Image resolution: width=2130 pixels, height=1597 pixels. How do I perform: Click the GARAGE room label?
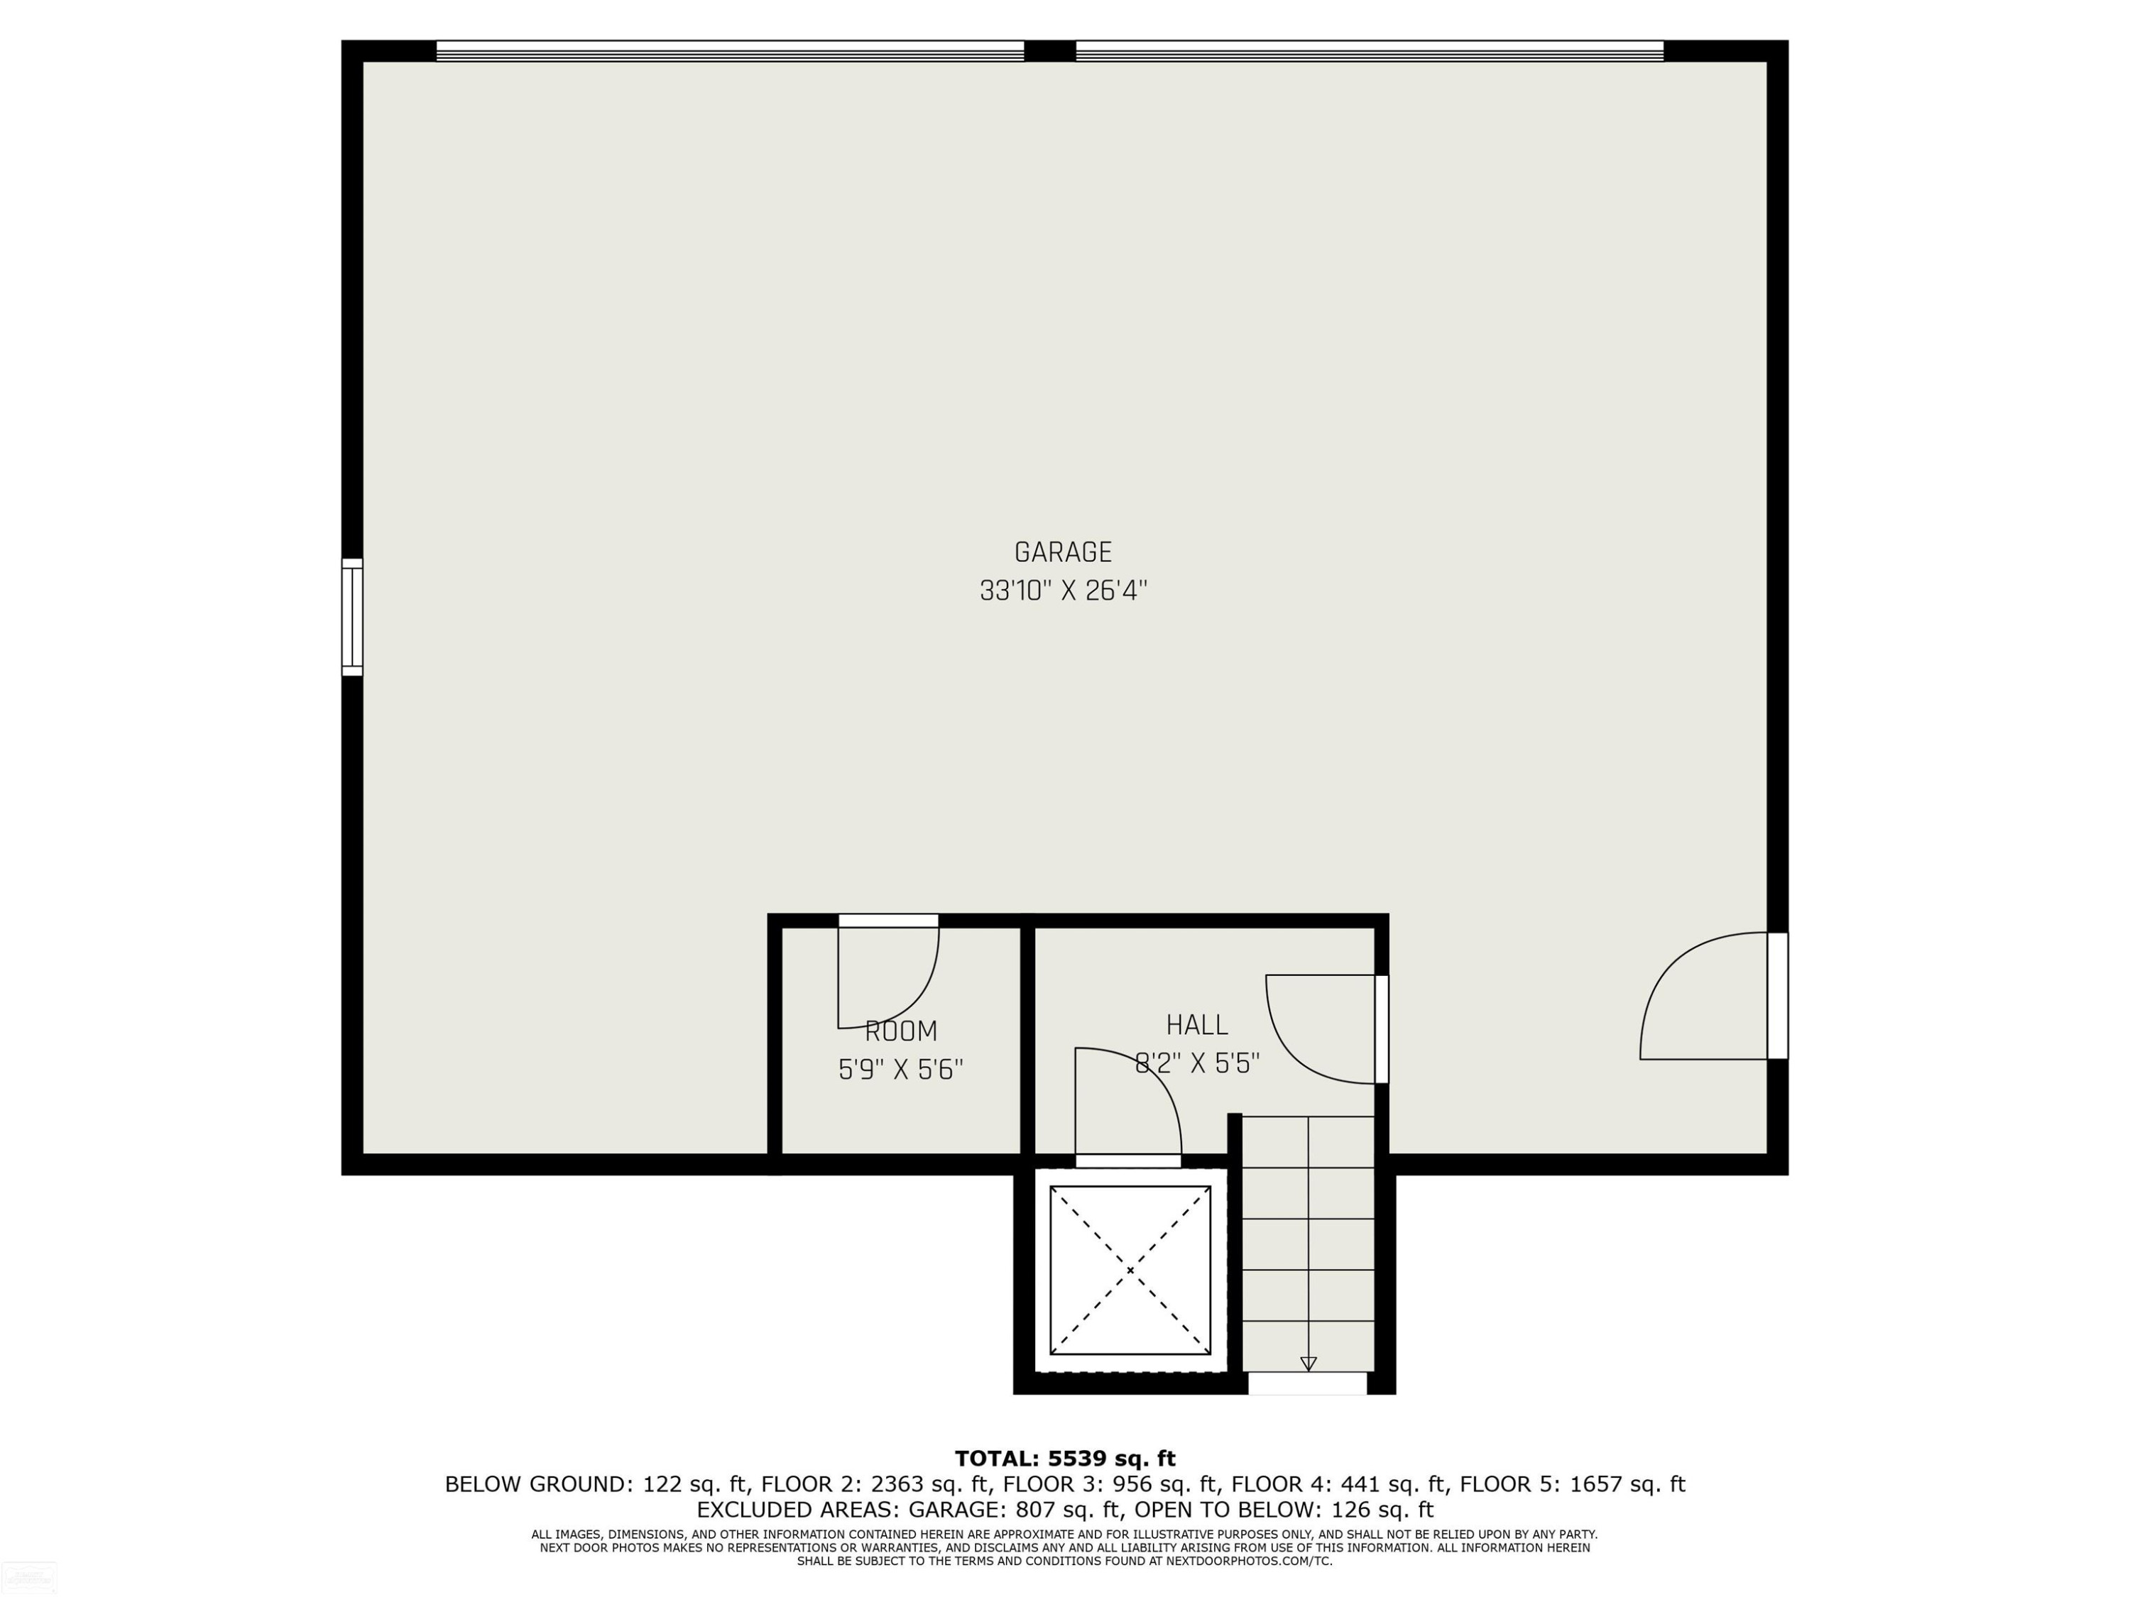click(x=1063, y=551)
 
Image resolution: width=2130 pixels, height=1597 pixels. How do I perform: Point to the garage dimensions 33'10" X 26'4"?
click(x=1063, y=590)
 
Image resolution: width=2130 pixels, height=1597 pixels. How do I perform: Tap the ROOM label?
click(x=900, y=1031)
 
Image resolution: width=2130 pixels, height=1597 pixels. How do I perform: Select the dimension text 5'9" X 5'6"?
click(x=900, y=1070)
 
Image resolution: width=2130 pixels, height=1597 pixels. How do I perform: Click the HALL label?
click(x=1197, y=1024)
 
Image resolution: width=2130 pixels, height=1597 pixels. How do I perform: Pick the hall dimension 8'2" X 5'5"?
click(x=1197, y=1063)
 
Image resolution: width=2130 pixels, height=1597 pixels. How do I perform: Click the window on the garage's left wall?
click(x=352, y=617)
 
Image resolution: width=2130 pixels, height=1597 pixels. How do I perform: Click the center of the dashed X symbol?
click(x=1130, y=1271)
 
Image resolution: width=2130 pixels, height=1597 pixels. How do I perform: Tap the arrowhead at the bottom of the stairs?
click(x=1308, y=1363)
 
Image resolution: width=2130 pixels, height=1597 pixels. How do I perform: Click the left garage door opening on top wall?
click(x=730, y=51)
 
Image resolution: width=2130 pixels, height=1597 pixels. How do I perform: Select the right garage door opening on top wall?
click(x=1370, y=51)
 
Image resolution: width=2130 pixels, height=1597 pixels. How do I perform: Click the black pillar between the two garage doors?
click(x=1049, y=51)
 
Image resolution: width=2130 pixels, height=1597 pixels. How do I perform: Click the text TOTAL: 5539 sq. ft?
click(x=1065, y=1459)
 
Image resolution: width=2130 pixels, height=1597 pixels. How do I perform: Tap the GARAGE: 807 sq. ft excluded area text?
click(x=1016, y=1510)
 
